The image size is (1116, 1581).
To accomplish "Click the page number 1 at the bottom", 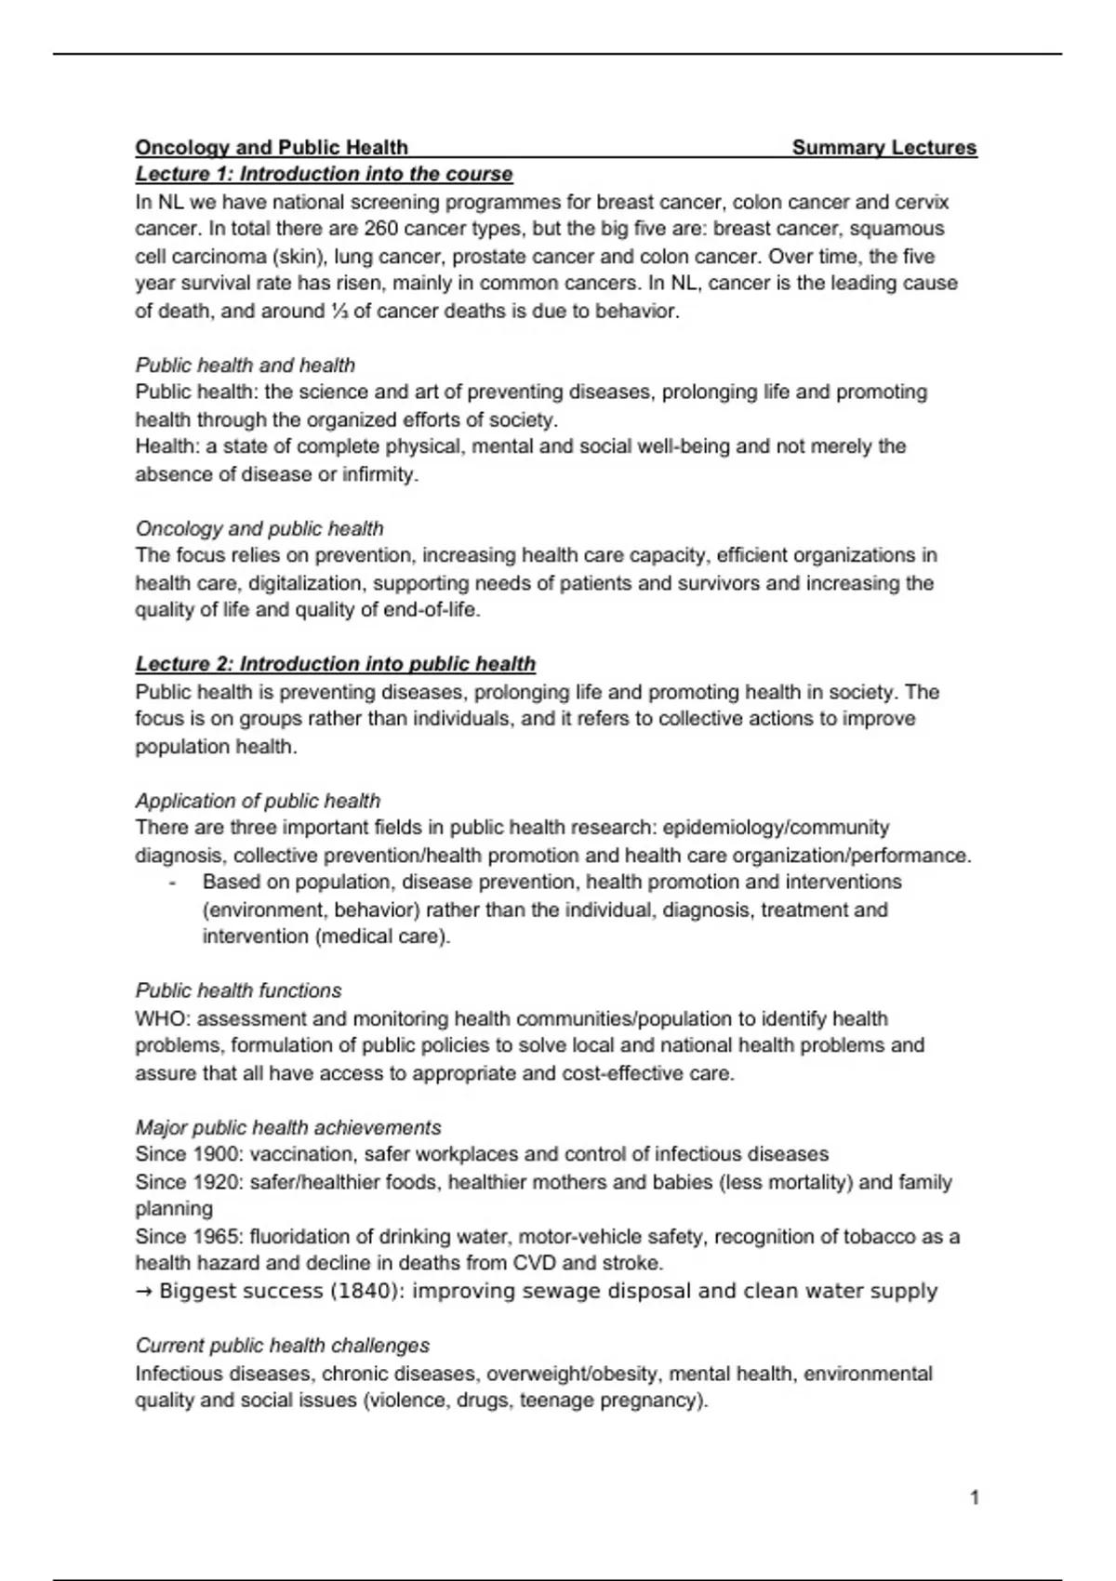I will pyautogui.click(x=974, y=1497).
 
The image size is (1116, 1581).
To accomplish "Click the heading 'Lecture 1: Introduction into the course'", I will pyautogui.click(x=324, y=174).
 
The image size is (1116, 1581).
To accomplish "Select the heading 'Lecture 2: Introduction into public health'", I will pyautogui.click(x=335, y=664).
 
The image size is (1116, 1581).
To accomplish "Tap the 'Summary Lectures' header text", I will pyautogui.click(x=883, y=147).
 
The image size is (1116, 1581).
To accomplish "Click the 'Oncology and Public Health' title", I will pyautogui.click(x=272, y=147).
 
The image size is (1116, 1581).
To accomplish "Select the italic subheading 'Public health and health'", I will pyautogui.click(x=245, y=365).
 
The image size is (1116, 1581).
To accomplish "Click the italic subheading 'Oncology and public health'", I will pyautogui.click(x=259, y=528).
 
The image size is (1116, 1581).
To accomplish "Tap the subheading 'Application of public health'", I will pyautogui.click(x=258, y=801).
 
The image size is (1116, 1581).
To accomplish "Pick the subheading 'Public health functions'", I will pyautogui.click(x=238, y=990).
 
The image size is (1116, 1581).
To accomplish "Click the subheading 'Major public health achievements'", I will pyautogui.click(x=287, y=1127).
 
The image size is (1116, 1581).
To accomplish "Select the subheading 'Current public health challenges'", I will pyautogui.click(x=282, y=1346).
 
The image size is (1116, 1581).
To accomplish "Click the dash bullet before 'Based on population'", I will pyautogui.click(x=173, y=882).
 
